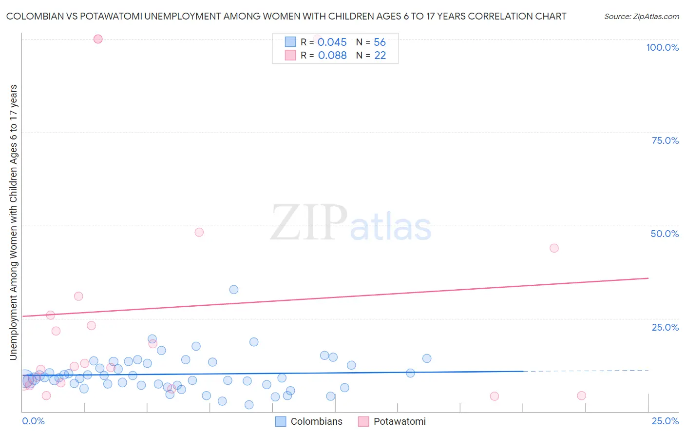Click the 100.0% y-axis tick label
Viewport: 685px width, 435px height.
click(662, 47)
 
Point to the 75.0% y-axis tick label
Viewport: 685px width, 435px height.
click(665, 140)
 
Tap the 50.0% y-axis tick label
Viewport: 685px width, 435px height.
click(665, 234)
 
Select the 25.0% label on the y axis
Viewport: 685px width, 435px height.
click(665, 327)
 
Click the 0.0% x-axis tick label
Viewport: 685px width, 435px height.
click(33, 421)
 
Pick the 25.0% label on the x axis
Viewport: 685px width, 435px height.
click(665, 421)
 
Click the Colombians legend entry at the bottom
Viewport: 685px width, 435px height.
click(316, 421)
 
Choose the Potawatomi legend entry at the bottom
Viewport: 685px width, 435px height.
click(400, 421)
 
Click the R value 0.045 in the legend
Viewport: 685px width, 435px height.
click(332, 42)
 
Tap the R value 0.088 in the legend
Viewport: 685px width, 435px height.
click(332, 56)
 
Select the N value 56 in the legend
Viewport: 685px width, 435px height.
click(380, 42)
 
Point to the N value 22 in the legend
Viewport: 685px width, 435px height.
click(380, 56)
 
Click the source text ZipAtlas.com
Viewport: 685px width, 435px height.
click(641, 17)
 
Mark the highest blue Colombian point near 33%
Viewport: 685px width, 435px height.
click(234, 290)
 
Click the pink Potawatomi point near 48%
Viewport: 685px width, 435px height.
click(199, 232)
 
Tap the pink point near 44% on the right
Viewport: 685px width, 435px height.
click(554, 248)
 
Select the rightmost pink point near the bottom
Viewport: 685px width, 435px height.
click(581, 395)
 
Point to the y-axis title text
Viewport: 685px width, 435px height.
click(13, 222)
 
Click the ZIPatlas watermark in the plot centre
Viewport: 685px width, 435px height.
click(351, 223)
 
